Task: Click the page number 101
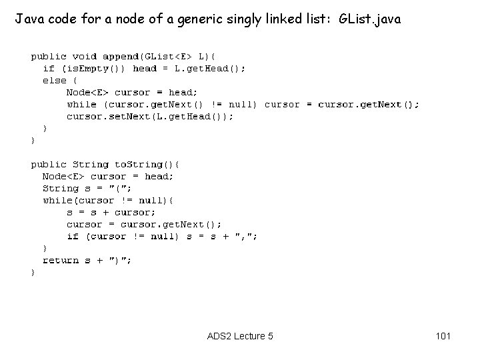442,336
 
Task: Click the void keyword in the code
85,57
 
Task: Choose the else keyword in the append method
54,81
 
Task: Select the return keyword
61,261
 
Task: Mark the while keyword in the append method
81,105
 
